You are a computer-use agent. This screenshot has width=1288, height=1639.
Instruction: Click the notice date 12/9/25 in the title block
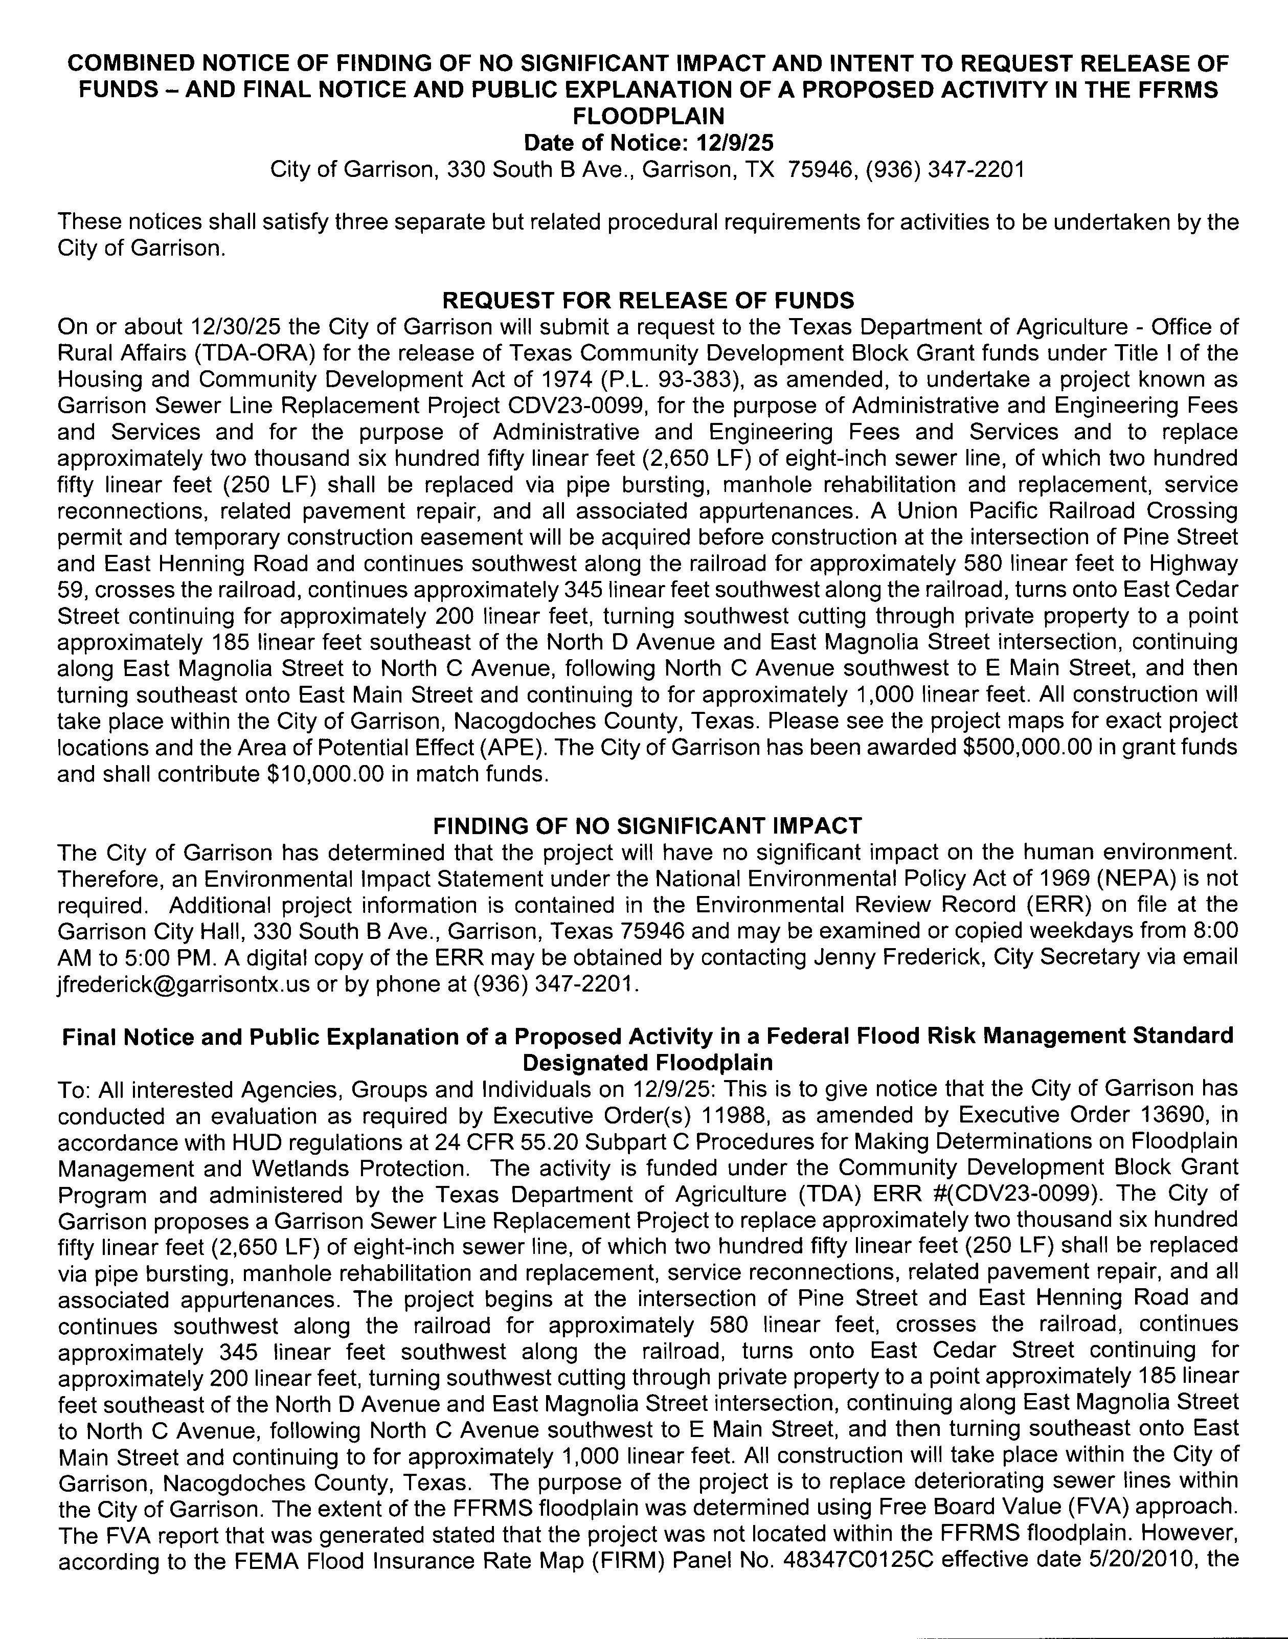pos(731,143)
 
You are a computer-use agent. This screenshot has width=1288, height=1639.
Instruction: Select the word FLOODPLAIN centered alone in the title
pos(648,116)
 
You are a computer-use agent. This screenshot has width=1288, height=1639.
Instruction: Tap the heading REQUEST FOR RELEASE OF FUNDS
pos(648,300)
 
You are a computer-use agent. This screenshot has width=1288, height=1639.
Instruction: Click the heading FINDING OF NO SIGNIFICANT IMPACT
pos(648,826)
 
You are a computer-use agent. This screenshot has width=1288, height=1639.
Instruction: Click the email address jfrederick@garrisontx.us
pos(183,983)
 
